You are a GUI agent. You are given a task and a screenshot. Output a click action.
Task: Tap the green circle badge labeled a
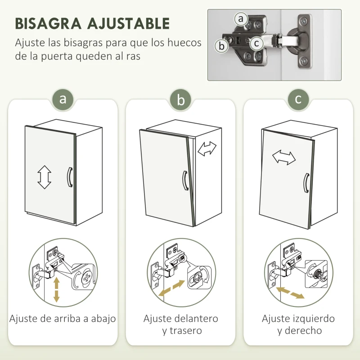(x=63, y=99)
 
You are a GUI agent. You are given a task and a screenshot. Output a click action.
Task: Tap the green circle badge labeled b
(x=181, y=99)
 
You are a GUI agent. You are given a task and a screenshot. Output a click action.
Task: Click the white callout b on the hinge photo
(x=221, y=46)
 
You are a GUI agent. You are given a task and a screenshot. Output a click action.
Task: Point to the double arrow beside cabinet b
(x=207, y=149)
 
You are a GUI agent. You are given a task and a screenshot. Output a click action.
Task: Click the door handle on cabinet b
(x=184, y=180)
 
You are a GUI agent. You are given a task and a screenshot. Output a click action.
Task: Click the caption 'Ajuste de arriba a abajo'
(x=63, y=319)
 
